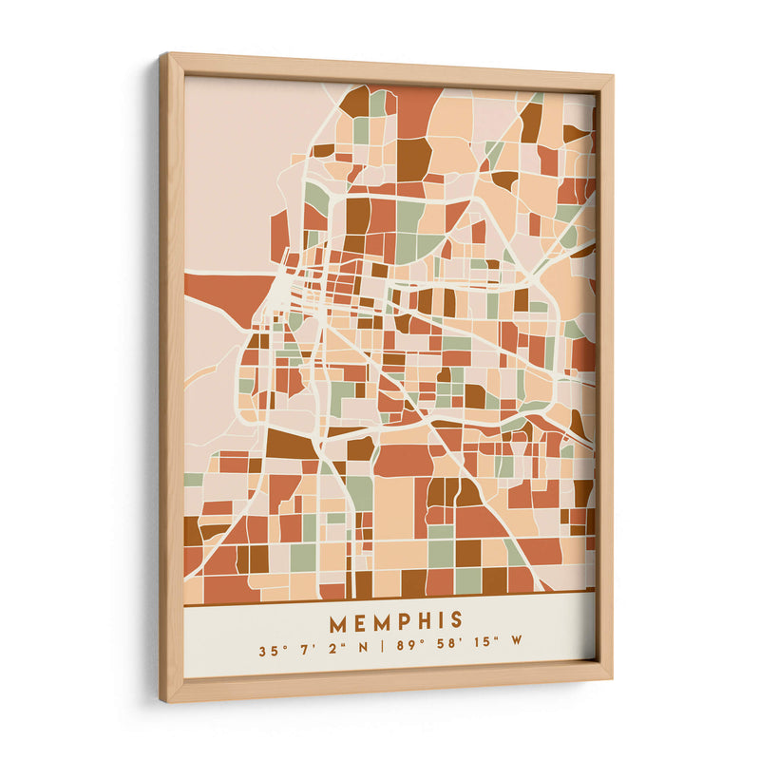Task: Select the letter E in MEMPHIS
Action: pyautogui.click(x=360, y=623)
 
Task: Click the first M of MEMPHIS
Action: pyautogui.click(x=338, y=623)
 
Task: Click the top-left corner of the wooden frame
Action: pyautogui.click(x=162, y=55)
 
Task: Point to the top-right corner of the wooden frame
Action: pyautogui.click(x=611, y=74)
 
